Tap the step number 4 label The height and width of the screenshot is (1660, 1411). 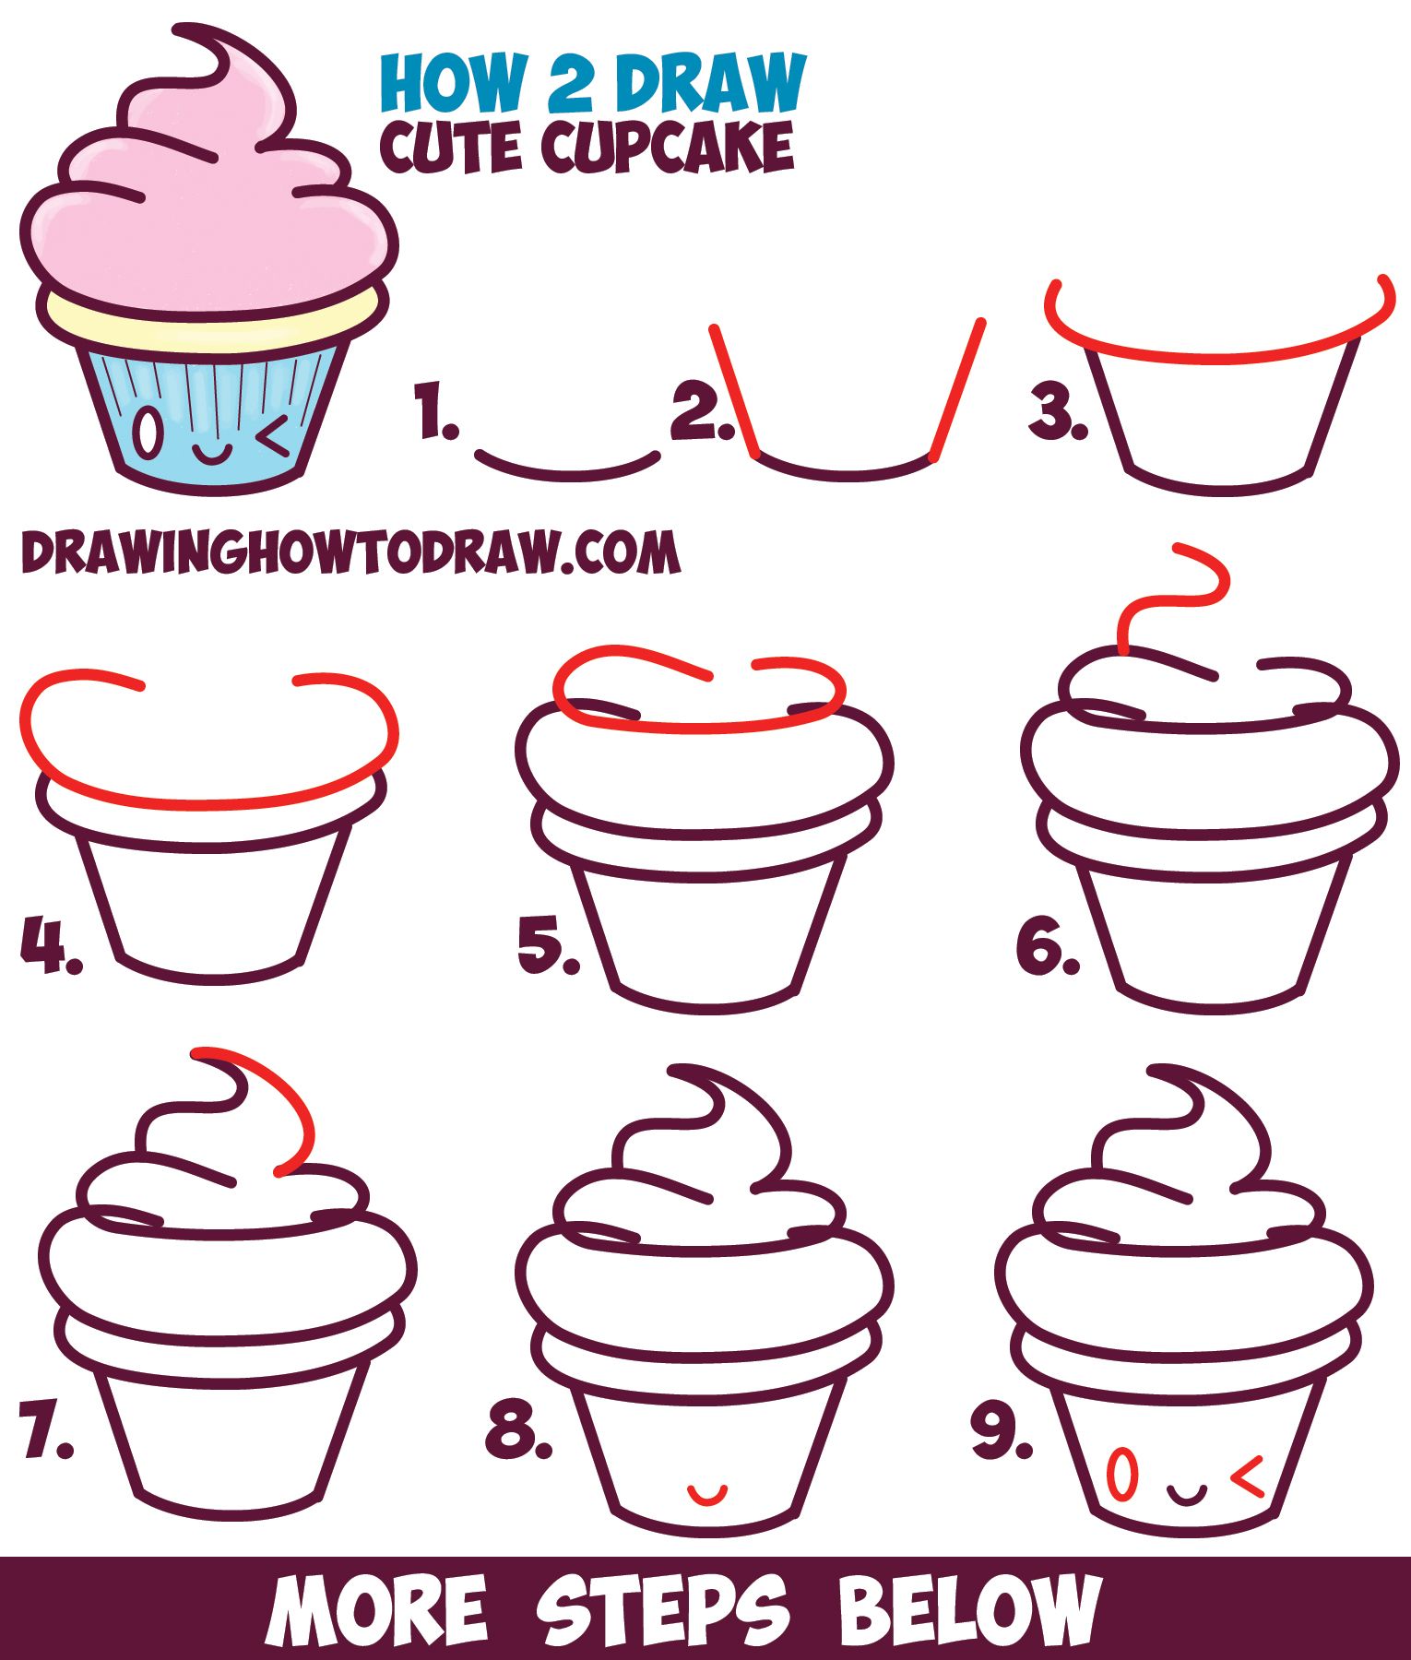[x=48, y=945]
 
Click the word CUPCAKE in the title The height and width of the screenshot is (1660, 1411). [x=668, y=148]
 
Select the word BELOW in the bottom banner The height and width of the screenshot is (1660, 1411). [x=968, y=1609]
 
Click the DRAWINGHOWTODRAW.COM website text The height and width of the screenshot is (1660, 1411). [x=350, y=553]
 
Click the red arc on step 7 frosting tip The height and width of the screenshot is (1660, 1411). [x=277, y=1102]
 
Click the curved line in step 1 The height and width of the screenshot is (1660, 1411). [x=567, y=468]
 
